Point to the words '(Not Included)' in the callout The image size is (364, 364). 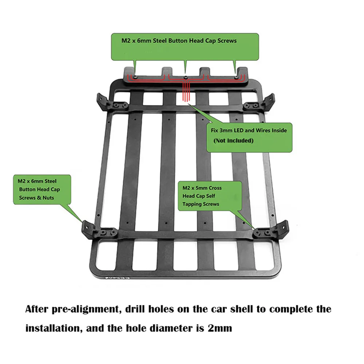pyautogui.click(x=233, y=141)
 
